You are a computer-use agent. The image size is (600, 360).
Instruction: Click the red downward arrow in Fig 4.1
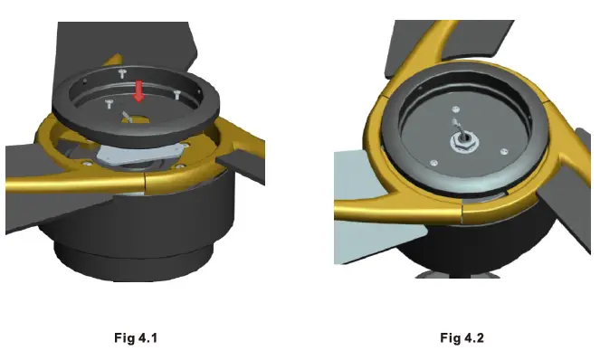coord(138,91)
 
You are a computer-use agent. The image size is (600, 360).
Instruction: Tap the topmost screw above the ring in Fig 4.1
coord(122,73)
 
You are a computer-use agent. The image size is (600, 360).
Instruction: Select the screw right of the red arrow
coord(176,94)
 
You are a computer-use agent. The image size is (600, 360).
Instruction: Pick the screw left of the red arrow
coord(110,103)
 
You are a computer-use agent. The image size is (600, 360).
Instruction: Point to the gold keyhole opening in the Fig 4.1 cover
coord(137,119)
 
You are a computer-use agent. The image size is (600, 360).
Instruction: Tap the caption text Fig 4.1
coord(136,337)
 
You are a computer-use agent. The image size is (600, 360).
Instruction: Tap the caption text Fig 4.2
coord(462,337)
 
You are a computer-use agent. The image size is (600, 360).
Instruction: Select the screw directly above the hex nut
coord(455,109)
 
